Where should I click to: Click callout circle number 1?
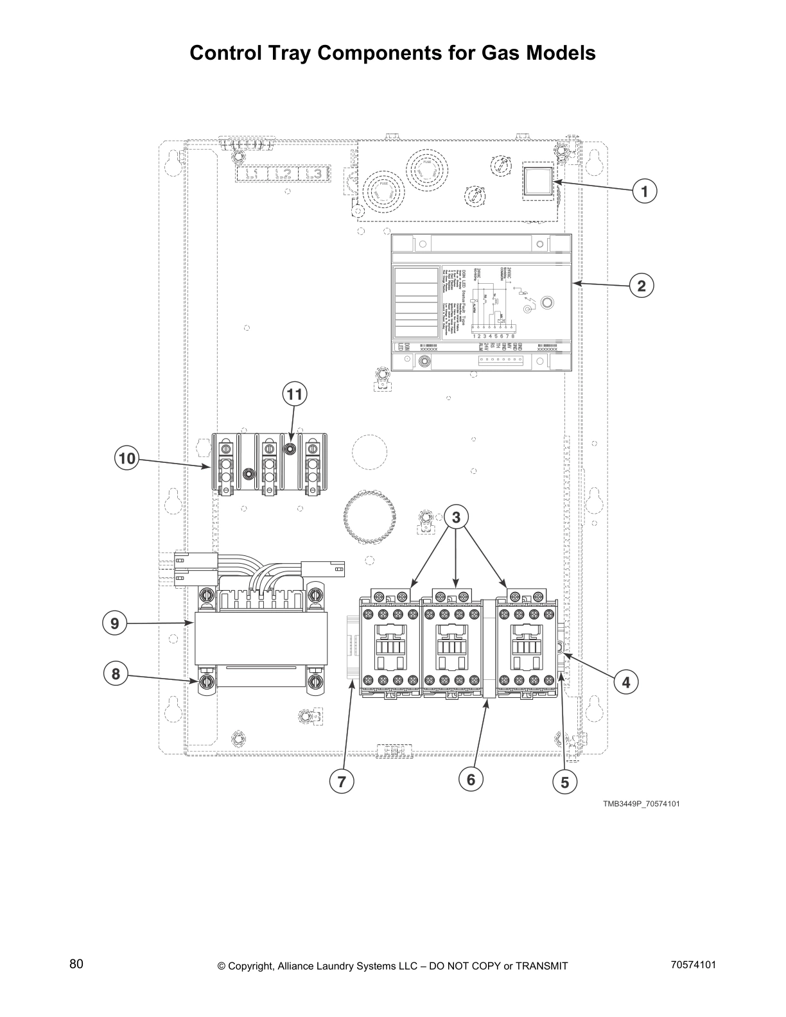(644, 191)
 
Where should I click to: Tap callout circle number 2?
(642, 285)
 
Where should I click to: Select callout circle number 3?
(457, 517)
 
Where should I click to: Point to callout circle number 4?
(626, 682)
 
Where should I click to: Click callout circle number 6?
(471, 779)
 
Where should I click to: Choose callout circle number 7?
(342, 781)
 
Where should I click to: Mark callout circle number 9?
(115, 623)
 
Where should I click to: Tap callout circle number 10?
(127, 458)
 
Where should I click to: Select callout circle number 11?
(294, 394)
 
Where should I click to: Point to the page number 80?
(76, 964)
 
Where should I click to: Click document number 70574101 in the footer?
(693, 964)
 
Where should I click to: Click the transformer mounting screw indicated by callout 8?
(207, 681)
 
